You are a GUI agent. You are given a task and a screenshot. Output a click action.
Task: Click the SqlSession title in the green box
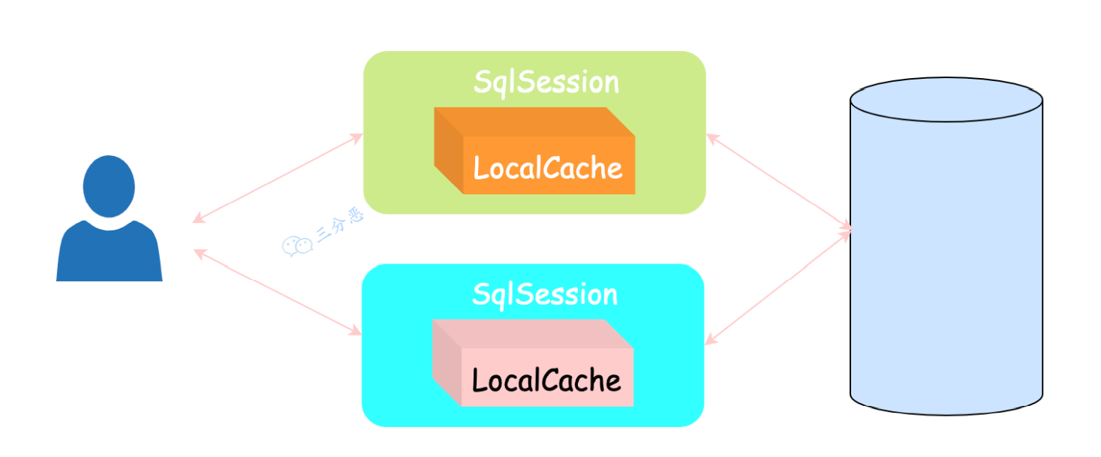pyautogui.click(x=546, y=83)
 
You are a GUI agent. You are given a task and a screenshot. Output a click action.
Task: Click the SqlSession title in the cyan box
pyautogui.click(x=544, y=294)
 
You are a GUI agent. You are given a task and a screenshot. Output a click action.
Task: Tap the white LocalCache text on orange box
pyautogui.click(x=548, y=167)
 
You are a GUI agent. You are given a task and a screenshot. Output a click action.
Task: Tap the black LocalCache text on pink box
pyautogui.click(x=546, y=380)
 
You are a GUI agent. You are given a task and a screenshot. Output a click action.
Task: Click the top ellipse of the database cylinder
pyautogui.click(x=946, y=100)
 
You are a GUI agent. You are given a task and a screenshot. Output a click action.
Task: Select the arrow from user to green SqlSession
pyautogui.click(x=278, y=178)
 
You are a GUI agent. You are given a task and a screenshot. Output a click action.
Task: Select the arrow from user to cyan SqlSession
pyautogui.click(x=278, y=292)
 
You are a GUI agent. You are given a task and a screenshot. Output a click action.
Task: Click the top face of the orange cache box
pyautogui.click(x=533, y=122)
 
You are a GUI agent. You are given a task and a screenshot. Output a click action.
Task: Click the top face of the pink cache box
pyautogui.click(x=531, y=334)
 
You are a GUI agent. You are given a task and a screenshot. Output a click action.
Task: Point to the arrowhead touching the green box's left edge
pyautogui.click(x=357, y=137)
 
